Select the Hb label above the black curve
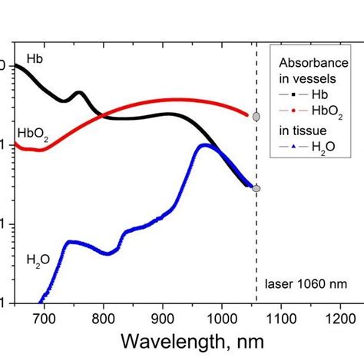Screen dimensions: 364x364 click(35, 58)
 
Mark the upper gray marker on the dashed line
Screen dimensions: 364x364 click(256, 117)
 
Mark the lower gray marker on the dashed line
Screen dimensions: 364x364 click(256, 188)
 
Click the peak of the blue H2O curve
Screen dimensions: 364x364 click(204, 145)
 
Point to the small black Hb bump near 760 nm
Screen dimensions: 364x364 click(78, 94)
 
